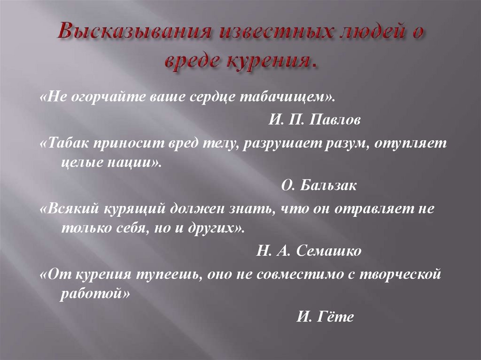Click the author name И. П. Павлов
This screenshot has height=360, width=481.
point(315,121)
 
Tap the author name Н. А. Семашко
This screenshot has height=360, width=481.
point(309,251)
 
